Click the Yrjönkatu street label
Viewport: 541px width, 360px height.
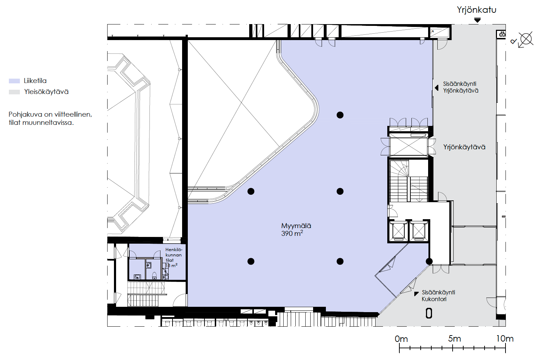(476, 10)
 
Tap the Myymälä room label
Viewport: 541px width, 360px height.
(296, 226)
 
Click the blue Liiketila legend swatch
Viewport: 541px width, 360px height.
(14, 81)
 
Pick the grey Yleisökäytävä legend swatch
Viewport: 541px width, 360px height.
(14, 92)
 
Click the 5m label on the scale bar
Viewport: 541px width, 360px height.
(454, 339)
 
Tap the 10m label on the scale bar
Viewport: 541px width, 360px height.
(504, 339)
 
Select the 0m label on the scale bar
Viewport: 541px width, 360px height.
(401, 339)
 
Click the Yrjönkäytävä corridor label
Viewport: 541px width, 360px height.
(464, 147)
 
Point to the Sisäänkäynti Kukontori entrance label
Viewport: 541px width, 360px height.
(438, 295)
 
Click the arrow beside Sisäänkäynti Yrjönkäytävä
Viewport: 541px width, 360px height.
(436, 88)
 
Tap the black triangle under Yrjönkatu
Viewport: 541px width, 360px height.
(477, 20)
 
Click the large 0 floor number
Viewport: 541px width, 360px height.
(429, 314)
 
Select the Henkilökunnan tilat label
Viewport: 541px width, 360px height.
(174, 255)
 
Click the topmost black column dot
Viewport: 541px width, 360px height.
(340, 115)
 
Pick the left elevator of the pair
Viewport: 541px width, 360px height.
(398, 231)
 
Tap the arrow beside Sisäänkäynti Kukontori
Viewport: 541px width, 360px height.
(416, 294)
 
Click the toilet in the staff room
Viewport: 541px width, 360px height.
(154, 275)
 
